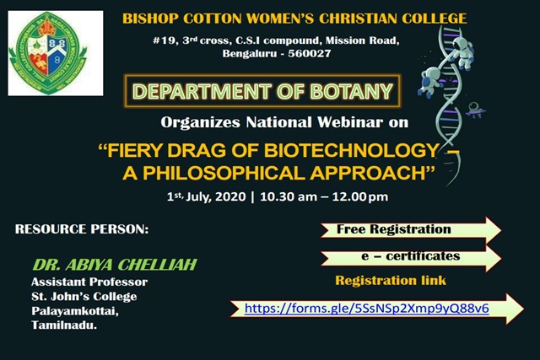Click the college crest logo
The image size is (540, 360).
click(x=48, y=53)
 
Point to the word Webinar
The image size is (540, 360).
click(x=350, y=122)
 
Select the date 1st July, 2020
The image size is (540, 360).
click(x=206, y=197)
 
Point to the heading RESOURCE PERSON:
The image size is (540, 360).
click(x=82, y=229)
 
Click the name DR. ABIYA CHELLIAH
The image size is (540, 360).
click(x=115, y=265)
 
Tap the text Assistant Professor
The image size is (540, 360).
click(x=89, y=282)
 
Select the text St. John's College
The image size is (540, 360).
click(x=84, y=296)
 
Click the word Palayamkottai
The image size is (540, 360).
click(x=75, y=311)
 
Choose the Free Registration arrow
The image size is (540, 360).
click(x=411, y=230)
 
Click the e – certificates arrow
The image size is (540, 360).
click(x=411, y=257)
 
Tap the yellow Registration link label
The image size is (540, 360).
click(x=391, y=281)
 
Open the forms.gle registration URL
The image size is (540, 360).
click(x=367, y=309)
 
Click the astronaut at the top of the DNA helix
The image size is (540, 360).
click(x=463, y=52)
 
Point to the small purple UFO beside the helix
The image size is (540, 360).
click(x=476, y=110)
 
